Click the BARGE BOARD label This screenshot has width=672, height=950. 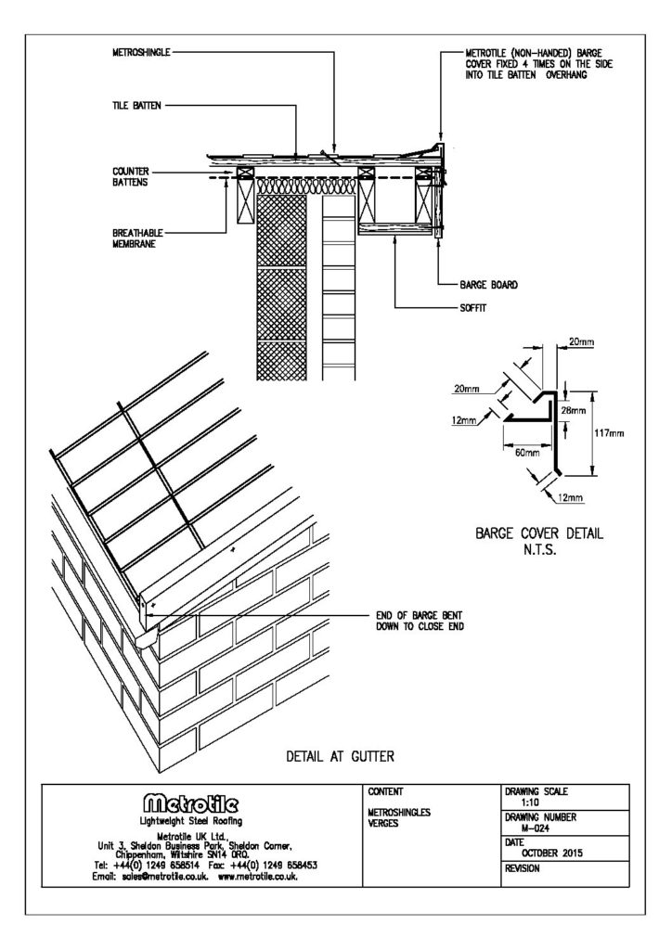coord(488,285)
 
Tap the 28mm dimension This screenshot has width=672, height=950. coord(574,409)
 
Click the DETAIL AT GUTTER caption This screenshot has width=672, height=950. coord(338,757)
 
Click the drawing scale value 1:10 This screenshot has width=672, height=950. coord(530,802)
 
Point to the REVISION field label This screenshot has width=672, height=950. coord(524,870)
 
